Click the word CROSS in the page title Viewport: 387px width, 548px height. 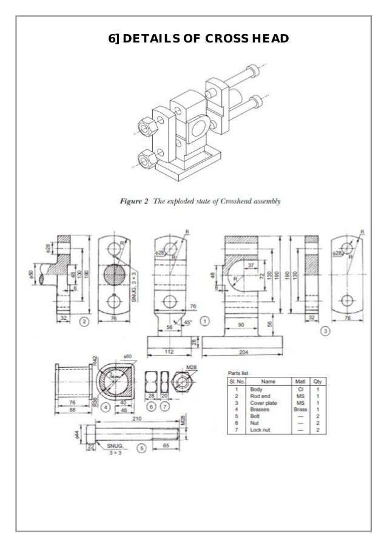(x=225, y=40)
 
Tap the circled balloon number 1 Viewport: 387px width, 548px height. (x=206, y=320)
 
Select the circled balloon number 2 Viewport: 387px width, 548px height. (x=85, y=321)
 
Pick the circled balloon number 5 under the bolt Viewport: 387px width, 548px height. (x=141, y=450)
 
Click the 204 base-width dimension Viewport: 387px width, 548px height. (x=243, y=351)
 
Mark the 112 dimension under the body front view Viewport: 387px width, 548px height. (x=169, y=351)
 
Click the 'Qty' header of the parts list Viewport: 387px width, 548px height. (x=317, y=381)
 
